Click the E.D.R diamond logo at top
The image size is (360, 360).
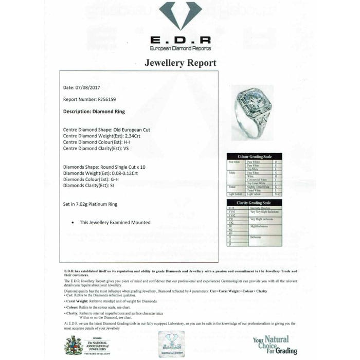(180, 15)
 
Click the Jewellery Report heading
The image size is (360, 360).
(180, 63)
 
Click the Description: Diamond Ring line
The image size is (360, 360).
(94, 111)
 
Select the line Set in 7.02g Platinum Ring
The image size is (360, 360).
(90, 204)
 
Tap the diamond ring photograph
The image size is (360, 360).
(252, 113)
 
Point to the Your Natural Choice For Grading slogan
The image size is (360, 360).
(275, 345)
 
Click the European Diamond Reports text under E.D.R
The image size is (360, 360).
(180, 48)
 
